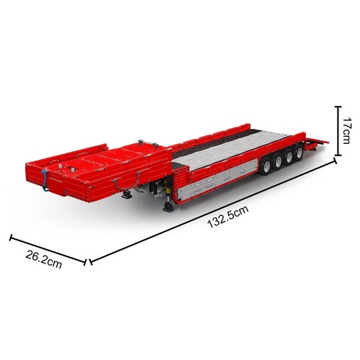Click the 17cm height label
tap(346, 130)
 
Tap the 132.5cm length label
tap(228, 217)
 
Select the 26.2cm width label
tap(44, 259)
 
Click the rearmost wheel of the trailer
tap(299, 152)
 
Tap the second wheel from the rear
tap(289, 156)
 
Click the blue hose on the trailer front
tap(45, 180)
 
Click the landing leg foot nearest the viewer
tap(168, 207)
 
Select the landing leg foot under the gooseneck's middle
tap(127, 194)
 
